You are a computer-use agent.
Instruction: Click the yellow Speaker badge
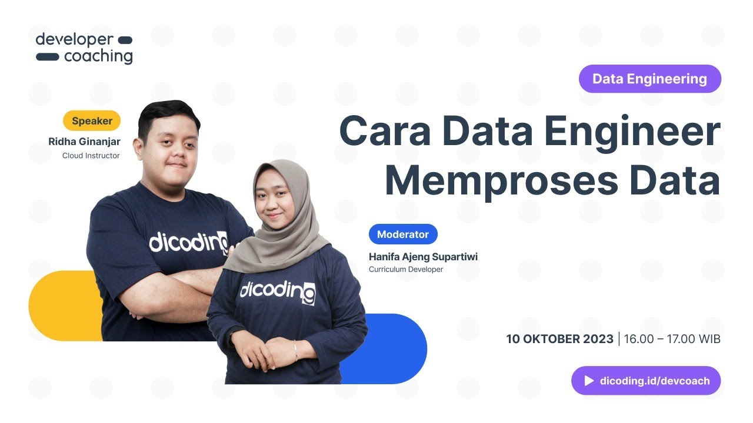[x=92, y=121]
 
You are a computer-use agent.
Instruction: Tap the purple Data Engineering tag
[x=649, y=79]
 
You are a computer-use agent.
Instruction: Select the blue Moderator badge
[x=403, y=234]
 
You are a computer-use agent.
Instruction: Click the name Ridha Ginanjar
[x=84, y=142]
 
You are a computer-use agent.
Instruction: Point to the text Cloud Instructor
[x=91, y=156]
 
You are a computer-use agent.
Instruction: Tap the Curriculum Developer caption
[x=405, y=270]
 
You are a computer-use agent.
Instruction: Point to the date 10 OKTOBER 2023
[x=559, y=339]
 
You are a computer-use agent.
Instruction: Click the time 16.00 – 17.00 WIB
[x=672, y=339]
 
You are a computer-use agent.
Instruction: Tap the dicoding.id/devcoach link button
[x=645, y=381]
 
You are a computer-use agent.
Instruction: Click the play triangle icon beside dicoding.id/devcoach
[x=589, y=381]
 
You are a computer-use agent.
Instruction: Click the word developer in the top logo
[x=74, y=40]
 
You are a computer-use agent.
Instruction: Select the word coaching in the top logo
[x=98, y=57]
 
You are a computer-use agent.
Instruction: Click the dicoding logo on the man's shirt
[x=188, y=241]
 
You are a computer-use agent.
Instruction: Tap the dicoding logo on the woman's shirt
[x=277, y=291]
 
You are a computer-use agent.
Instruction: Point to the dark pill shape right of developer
[x=125, y=40]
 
